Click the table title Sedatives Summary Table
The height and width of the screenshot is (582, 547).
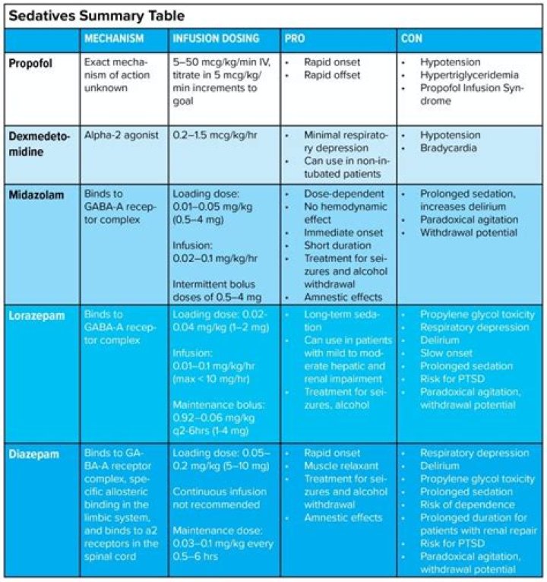96,14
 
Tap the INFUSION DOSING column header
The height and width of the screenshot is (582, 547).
216,38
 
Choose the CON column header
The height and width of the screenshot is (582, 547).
411,38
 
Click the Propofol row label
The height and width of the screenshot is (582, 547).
31,62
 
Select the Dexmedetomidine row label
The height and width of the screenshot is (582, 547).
39,141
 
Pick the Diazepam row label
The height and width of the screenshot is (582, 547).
33,452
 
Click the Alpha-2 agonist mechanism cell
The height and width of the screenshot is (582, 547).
122,135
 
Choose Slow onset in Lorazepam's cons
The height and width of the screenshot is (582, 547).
446,353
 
